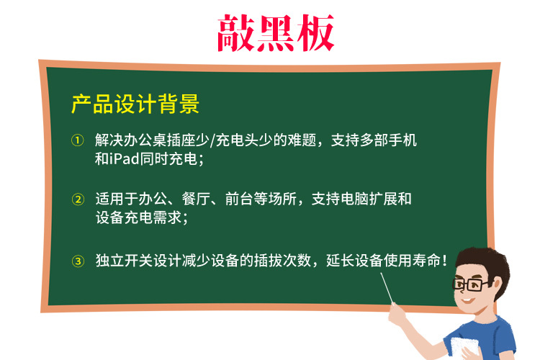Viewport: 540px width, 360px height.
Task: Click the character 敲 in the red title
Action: pyautogui.click(x=237, y=32)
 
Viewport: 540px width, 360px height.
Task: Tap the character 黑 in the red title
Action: pyautogui.click(x=276, y=32)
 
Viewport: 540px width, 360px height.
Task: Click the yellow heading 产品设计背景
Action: pyautogui.click(x=135, y=105)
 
